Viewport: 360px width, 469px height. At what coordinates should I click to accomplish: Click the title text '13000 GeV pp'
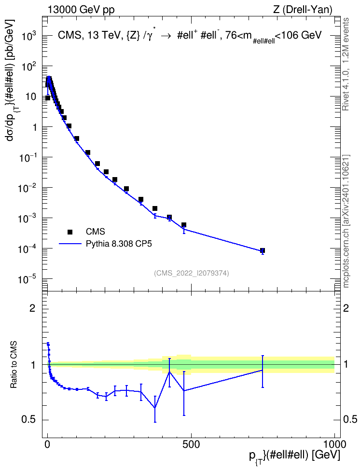(81, 10)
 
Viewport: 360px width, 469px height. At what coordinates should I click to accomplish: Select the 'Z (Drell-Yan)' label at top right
(303, 10)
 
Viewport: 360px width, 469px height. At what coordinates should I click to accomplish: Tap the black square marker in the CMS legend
(70, 232)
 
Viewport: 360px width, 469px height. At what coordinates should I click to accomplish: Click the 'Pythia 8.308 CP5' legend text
(119, 244)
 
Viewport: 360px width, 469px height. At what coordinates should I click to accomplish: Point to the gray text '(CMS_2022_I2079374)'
(192, 273)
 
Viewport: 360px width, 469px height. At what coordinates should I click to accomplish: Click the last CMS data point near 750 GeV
(263, 250)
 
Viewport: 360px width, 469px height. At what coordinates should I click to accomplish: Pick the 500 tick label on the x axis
(191, 444)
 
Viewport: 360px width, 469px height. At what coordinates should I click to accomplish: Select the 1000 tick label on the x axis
(334, 444)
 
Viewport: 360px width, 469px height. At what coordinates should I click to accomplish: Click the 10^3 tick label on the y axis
(29, 36)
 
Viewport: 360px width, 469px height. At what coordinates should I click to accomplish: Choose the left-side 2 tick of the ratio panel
(32, 308)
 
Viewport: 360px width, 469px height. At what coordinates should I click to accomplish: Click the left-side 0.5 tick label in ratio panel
(28, 420)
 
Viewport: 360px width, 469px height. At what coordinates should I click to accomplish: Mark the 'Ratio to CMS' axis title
(14, 364)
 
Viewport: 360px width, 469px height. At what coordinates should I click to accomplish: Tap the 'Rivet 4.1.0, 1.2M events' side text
(346, 64)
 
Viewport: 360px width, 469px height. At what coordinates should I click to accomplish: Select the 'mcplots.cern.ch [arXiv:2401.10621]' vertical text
(346, 221)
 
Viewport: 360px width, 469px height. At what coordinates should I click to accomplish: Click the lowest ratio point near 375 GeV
(155, 408)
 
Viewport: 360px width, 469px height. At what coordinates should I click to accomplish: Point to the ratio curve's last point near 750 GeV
(263, 370)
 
